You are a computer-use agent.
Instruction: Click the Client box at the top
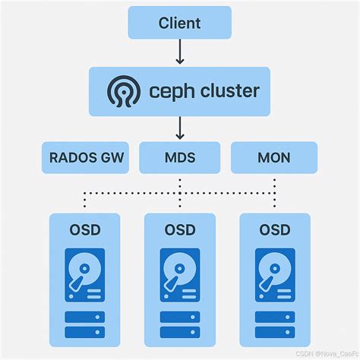click(x=180, y=23)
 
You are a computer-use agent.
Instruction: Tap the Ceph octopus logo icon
click(x=124, y=91)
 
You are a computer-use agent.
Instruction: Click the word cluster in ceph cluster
click(x=230, y=90)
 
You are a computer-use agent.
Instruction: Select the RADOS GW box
click(x=85, y=157)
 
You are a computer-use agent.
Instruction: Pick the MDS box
click(x=180, y=157)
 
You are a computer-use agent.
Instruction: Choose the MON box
click(x=274, y=157)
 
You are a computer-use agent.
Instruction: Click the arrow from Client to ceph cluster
click(x=180, y=52)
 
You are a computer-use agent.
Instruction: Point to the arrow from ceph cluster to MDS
click(x=180, y=128)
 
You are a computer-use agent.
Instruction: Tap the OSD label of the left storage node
click(x=85, y=230)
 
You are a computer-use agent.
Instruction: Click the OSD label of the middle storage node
click(x=180, y=230)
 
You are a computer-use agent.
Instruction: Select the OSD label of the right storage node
click(x=275, y=230)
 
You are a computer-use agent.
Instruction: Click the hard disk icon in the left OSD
click(x=85, y=275)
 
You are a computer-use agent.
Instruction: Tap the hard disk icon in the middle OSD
click(x=180, y=275)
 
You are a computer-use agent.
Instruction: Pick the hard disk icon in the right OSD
click(x=275, y=275)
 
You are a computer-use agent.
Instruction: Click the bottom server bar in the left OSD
click(x=85, y=332)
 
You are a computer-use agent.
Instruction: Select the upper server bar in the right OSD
click(x=275, y=317)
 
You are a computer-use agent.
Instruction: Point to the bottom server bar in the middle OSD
click(x=180, y=332)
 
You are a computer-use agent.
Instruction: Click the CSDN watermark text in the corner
click(x=327, y=354)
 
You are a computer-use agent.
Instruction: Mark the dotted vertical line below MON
click(x=275, y=193)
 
